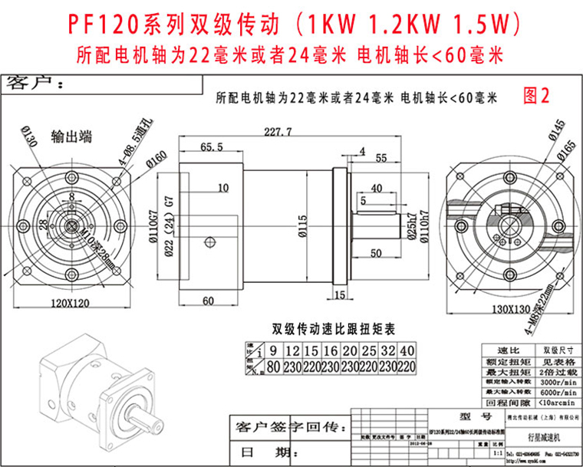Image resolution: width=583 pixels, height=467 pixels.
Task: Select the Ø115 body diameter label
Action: click(304, 222)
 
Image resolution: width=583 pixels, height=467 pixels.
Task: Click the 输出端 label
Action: click(71, 137)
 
